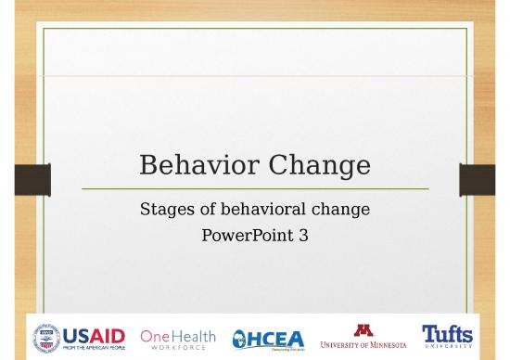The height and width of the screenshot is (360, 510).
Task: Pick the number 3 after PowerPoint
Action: pyautogui.click(x=303, y=236)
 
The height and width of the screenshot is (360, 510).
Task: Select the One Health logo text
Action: pyautogui.click(x=178, y=334)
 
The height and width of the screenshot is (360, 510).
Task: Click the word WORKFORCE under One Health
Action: pyautogui.click(x=178, y=348)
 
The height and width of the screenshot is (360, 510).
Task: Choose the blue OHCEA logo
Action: pyautogui.click(x=267, y=339)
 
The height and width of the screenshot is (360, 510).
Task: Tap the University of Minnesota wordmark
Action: pyautogui.click(x=363, y=344)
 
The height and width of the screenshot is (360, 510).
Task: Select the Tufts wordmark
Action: pyautogui.click(x=447, y=332)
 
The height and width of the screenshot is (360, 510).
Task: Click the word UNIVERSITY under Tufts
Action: pyautogui.click(x=447, y=347)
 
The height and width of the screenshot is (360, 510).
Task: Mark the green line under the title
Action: pyautogui.click(x=255, y=188)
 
